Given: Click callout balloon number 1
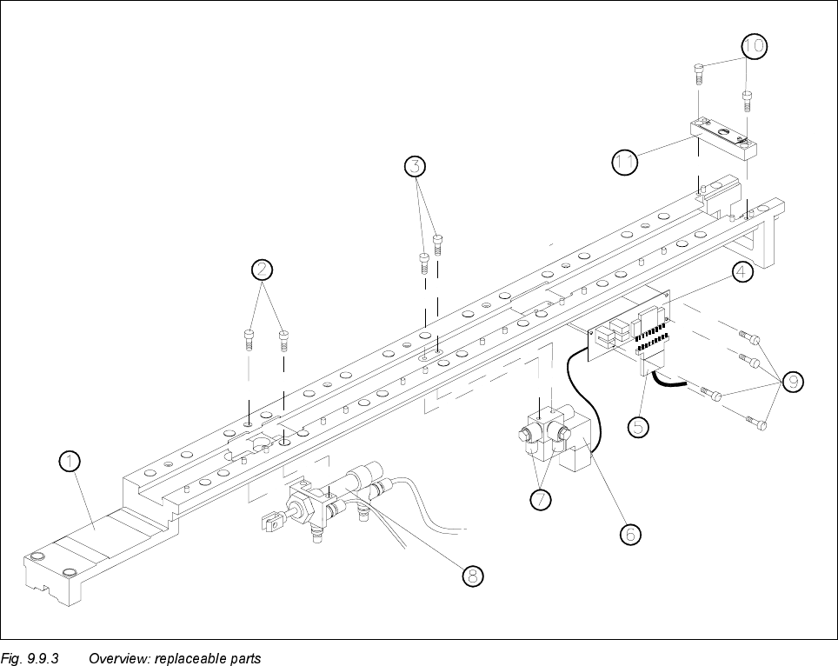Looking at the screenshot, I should click(70, 462).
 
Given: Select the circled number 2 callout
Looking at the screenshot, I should click(263, 269).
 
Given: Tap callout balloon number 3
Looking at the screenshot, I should click(417, 165).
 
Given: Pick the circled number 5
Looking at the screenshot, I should click(640, 426).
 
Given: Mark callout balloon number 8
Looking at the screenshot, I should click(472, 575).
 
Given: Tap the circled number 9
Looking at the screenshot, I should click(793, 382).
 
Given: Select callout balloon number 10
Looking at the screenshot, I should click(754, 45).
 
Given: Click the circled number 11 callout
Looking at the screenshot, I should click(624, 163).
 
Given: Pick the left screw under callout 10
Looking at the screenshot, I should click(699, 72).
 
